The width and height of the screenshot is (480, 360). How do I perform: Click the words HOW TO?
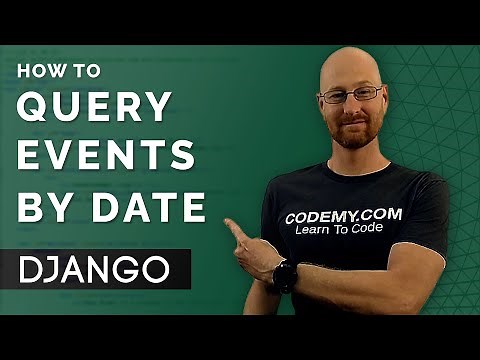57,73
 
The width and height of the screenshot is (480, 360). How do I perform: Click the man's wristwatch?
284,275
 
